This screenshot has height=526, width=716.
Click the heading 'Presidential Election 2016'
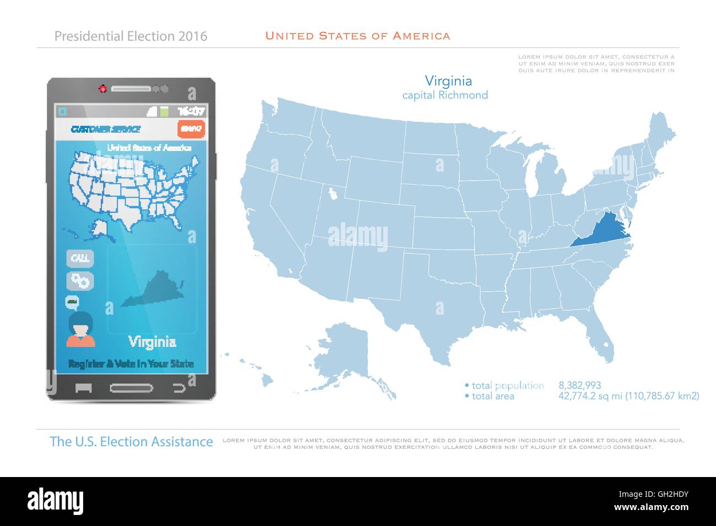pyautogui.click(x=131, y=36)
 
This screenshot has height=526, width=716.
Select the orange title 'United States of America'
pyautogui.click(x=357, y=36)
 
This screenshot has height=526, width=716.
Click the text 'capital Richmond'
pyautogui.click(x=445, y=95)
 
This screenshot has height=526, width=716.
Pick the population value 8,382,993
pyautogui.click(x=579, y=385)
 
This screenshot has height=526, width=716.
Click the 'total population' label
pyautogui.click(x=507, y=385)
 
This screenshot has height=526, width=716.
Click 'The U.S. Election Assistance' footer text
pyautogui.click(x=131, y=441)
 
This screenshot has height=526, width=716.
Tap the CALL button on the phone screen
pyautogui.click(x=80, y=258)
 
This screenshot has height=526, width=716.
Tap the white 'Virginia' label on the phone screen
pyautogui.click(x=153, y=342)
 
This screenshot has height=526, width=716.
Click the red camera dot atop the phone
pyautogui.click(x=102, y=88)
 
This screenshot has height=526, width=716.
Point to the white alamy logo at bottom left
pyautogui.click(x=58, y=500)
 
